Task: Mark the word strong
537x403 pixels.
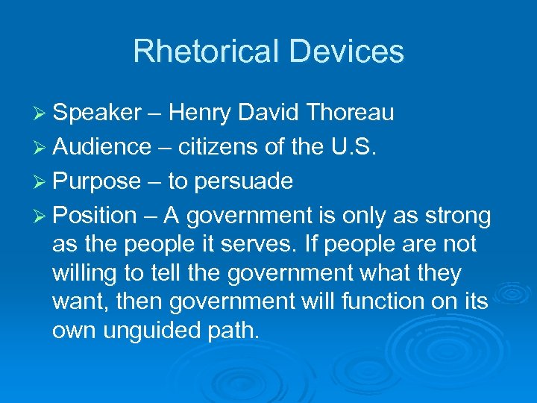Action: tap(456, 216)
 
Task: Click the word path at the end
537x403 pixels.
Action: tap(236, 331)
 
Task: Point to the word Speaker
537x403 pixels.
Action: tap(98, 113)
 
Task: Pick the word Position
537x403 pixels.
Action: tap(95, 216)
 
